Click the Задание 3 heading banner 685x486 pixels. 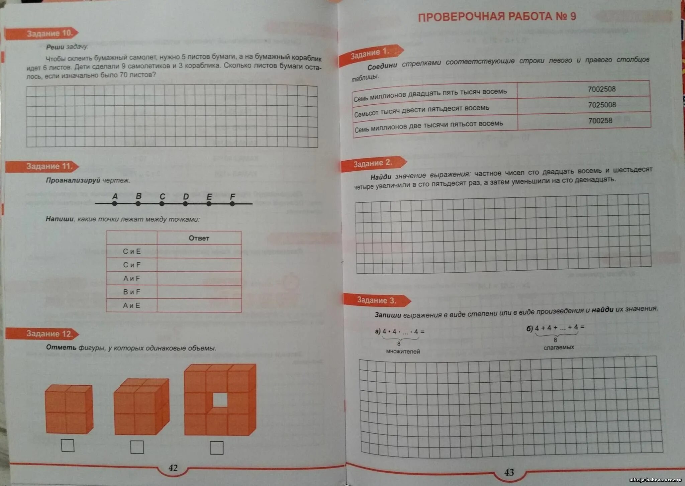377,300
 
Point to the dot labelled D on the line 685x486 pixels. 185,203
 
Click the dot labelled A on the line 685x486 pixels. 115,203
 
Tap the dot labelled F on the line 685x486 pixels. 232,203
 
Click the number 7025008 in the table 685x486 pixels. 602,105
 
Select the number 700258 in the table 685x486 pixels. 600,121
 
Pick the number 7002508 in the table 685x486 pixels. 601,89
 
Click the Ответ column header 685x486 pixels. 199,238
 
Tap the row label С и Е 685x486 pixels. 131,252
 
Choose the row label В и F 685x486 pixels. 131,292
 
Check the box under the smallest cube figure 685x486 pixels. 68,446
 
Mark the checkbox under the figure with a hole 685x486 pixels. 216,448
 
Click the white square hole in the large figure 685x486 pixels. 220,400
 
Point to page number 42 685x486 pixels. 173,468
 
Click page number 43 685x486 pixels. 509,472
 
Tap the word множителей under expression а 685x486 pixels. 403,352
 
